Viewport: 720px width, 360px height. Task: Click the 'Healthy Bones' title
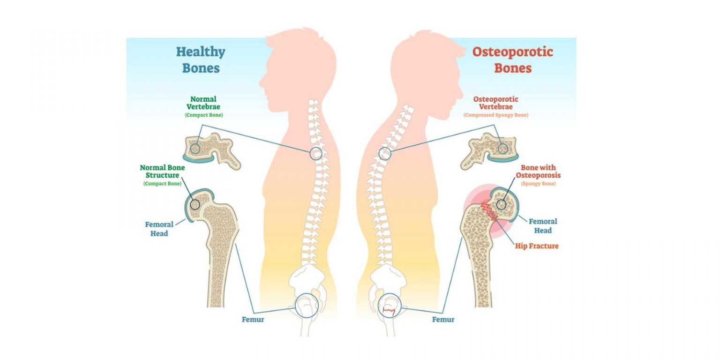201,60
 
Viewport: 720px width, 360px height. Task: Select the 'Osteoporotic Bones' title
512,60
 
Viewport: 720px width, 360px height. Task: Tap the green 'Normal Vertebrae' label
203,103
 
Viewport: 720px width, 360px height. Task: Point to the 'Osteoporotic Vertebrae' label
496,103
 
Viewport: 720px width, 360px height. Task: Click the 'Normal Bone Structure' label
162,172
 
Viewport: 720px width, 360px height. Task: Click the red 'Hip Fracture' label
537,246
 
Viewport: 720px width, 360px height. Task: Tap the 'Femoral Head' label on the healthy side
159,229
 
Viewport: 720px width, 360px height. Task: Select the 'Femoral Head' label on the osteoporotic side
543,226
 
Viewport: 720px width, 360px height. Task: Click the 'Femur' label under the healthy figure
253,320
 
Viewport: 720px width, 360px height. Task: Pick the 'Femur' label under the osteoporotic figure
443,320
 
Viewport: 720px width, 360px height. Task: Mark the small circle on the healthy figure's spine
316,153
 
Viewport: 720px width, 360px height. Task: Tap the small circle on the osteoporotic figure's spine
385,153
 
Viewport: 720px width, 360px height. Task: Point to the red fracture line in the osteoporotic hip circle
389,310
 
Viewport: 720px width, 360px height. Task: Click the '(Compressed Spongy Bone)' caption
496,115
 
